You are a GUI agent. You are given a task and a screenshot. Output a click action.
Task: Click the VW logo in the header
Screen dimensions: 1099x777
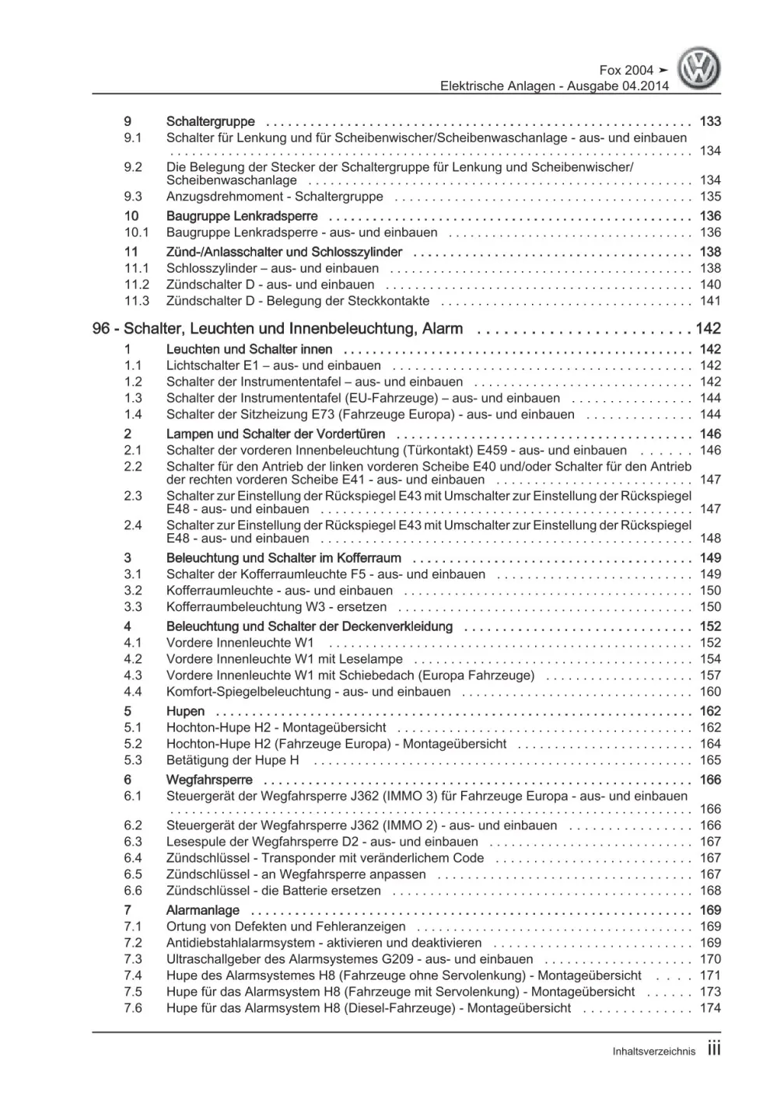pos(699,68)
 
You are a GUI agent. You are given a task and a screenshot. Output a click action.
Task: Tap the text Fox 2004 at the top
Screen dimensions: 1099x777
pos(627,70)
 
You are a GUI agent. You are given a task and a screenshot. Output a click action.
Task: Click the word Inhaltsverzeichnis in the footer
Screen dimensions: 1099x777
pos(653,1052)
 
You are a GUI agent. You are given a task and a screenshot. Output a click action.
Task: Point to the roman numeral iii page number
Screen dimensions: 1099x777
pos(713,1049)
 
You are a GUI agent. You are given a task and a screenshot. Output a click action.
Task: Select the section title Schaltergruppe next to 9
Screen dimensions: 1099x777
pos(210,121)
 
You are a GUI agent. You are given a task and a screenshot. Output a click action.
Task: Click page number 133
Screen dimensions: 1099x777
pos(709,121)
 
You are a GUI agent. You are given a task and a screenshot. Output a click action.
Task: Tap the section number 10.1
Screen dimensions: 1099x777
pos(136,232)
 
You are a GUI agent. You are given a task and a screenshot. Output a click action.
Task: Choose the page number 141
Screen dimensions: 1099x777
pos(709,301)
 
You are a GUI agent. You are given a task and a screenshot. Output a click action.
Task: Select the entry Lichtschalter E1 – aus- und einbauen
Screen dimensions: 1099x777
pos(273,365)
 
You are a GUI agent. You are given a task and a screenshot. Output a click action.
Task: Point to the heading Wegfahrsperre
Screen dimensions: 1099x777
pos(208,780)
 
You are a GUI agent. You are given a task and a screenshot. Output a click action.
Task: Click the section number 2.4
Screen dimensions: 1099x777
pos(133,525)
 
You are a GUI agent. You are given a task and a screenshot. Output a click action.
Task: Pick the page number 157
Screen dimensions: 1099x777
pos(709,675)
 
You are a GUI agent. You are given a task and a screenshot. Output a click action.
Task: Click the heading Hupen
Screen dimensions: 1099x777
pos(185,711)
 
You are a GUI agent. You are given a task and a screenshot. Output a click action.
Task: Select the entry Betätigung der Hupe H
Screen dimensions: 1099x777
pos(232,760)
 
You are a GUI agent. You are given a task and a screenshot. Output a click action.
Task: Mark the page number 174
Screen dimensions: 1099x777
pos(709,1008)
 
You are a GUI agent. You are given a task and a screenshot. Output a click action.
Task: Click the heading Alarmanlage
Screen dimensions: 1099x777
pos(202,910)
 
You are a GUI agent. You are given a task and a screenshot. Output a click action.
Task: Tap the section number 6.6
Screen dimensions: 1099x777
pos(133,891)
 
